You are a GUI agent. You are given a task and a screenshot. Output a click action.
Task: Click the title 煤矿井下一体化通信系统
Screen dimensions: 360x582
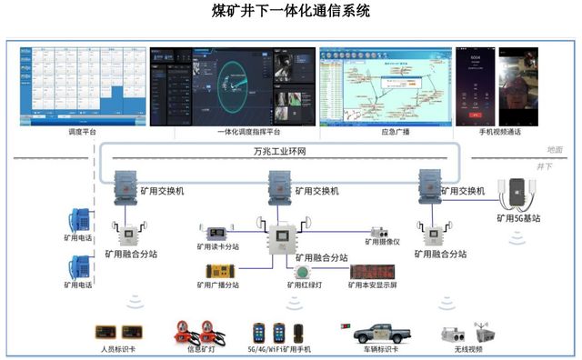coord(291,14)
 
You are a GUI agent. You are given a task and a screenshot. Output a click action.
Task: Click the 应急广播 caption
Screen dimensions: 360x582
coord(394,133)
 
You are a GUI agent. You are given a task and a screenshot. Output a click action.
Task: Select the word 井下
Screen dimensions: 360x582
coord(545,167)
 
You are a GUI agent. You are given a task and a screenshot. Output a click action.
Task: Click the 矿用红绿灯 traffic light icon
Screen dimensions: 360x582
coord(303,271)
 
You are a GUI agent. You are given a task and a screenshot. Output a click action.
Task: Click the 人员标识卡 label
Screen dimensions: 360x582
coord(116,349)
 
